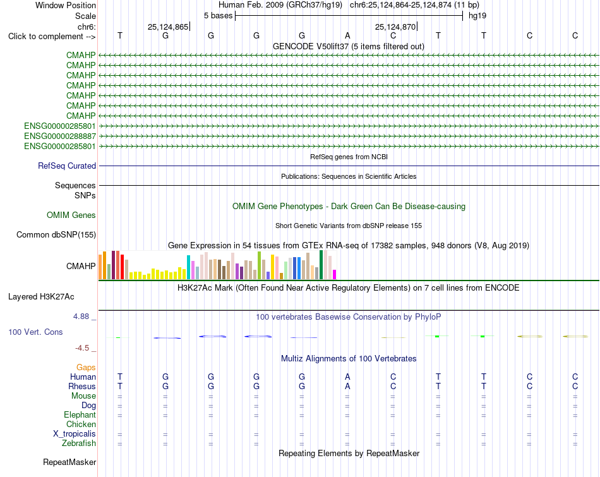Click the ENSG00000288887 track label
[60, 136]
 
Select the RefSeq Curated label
[67, 166]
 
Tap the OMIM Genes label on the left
[71, 215]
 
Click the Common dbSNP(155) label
[56, 234]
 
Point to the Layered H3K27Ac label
[41, 297]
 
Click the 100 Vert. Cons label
[35, 332]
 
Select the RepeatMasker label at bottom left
[69, 462]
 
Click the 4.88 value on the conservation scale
[81, 317]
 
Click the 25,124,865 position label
[168, 27]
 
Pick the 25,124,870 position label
[395, 27]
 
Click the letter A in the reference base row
[347, 35]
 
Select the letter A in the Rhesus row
[347, 386]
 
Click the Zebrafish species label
[79, 444]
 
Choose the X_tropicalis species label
[75, 434]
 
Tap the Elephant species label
[80, 415]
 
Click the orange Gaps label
[86, 368]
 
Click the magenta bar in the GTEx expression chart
[335, 274]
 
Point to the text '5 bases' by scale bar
[218, 16]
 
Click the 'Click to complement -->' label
[52, 37]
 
